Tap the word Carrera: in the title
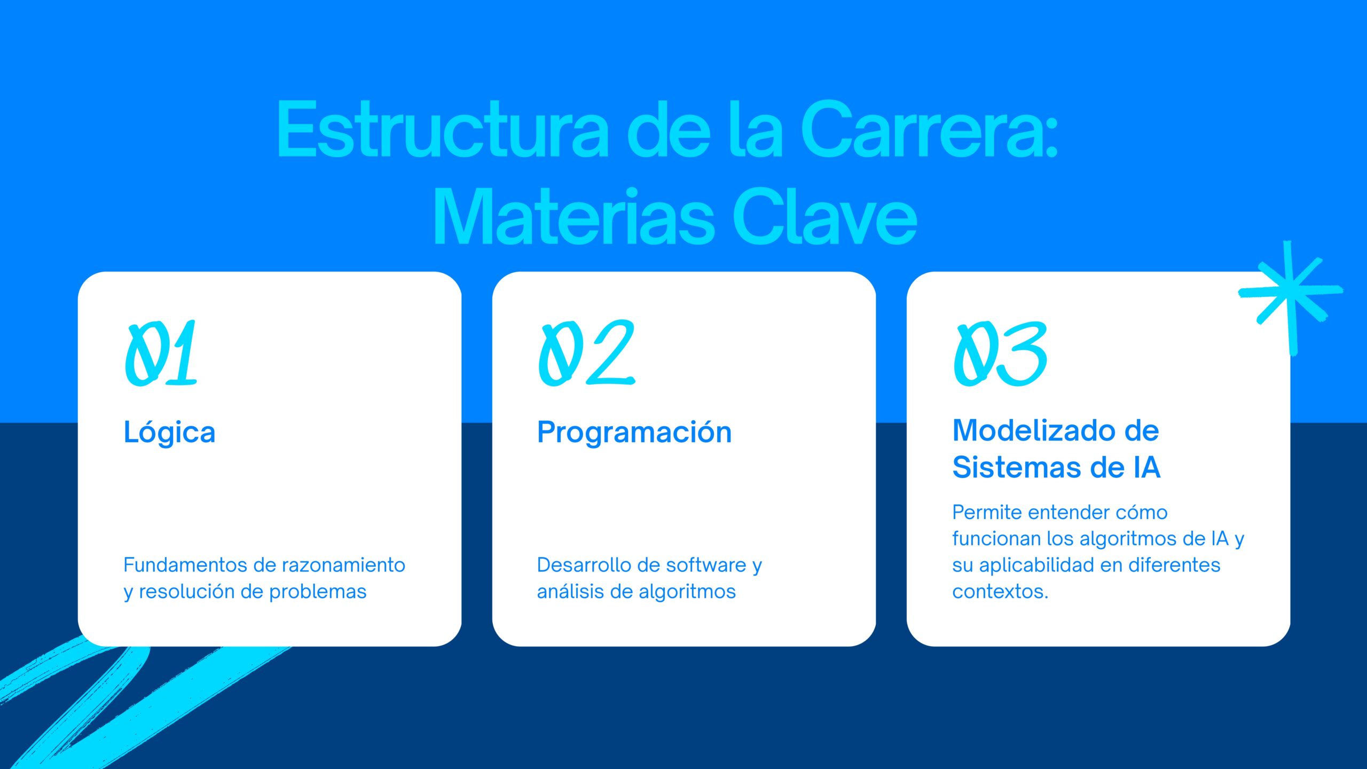[929, 129]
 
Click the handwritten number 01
[161, 353]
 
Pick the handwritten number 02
[586, 353]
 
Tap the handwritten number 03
[1000, 354]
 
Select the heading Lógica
[169, 432]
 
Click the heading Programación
[634, 432]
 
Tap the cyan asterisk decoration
[1290, 297]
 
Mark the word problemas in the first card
[318, 592]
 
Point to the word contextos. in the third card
[1000, 592]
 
